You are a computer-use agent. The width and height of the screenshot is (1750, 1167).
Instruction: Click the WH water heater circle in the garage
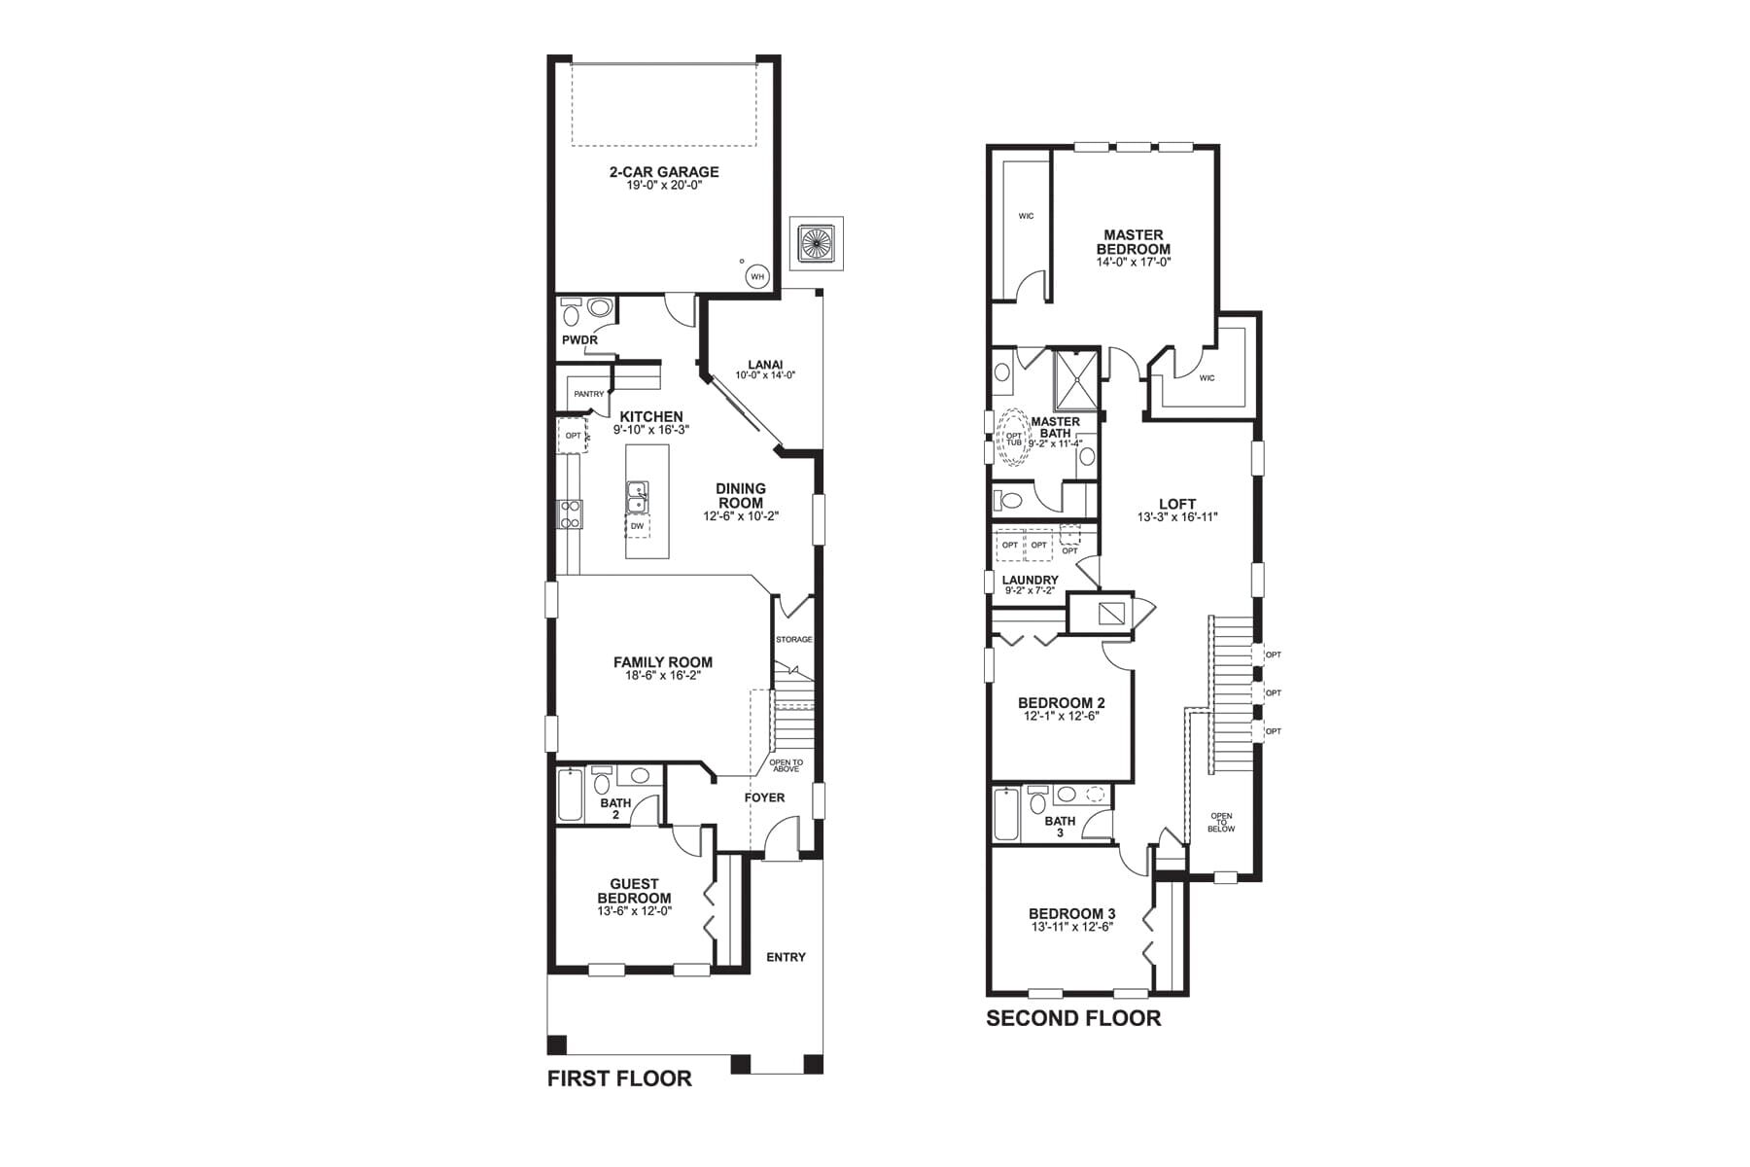(757, 277)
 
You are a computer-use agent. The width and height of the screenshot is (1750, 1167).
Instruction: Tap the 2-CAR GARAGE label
(664, 172)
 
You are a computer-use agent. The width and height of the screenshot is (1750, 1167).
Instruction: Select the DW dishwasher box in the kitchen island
(637, 526)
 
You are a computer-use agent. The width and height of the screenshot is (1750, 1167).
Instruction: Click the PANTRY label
(588, 394)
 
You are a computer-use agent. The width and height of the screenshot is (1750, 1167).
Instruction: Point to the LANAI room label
(765, 365)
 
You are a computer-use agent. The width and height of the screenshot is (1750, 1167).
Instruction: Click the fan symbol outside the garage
(816, 242)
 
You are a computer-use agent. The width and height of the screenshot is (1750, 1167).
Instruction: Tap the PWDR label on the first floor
(579, 340)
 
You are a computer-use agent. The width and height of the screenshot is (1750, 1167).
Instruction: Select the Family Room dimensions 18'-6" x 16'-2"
(663, 675)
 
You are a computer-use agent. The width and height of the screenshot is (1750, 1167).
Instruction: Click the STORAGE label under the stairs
(793, 639)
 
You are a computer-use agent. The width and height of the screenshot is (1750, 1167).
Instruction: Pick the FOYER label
(764, 797)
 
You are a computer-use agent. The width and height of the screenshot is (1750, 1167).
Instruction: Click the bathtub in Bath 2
(570, 796)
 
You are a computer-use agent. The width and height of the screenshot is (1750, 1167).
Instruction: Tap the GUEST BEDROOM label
(634, 891)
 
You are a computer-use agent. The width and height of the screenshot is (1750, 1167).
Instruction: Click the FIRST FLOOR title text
(619, 1079)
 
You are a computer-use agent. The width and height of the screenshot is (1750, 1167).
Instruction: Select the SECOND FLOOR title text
(1073, 1018)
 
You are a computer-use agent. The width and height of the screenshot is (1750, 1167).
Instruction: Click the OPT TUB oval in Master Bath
(1013, 439)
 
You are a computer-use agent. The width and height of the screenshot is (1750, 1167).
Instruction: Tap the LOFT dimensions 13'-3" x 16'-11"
(1177, 517)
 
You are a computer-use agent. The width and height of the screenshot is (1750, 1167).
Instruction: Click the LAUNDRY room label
(1030, 580)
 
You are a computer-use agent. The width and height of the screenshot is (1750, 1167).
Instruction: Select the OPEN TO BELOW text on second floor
(1221, 823)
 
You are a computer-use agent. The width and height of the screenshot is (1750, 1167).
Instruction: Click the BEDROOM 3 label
(1071, 914)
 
